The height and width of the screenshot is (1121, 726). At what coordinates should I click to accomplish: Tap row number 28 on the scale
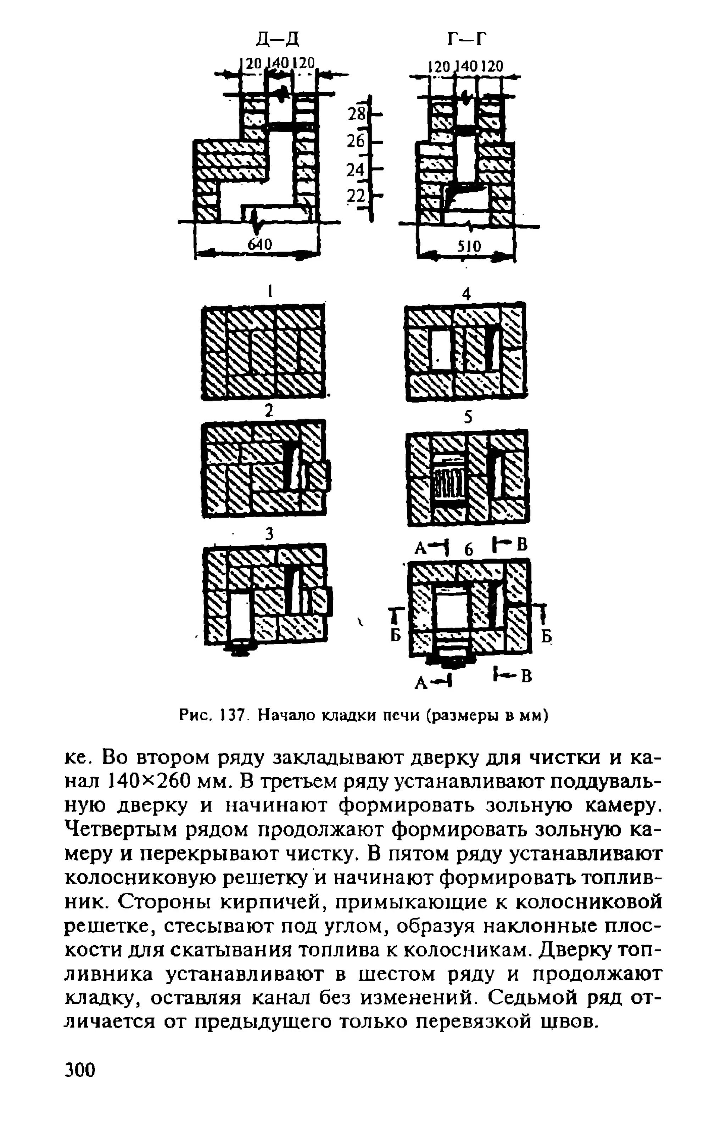(x=356, y=113)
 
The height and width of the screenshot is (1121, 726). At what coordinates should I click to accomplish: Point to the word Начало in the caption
(x=288, y=716)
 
